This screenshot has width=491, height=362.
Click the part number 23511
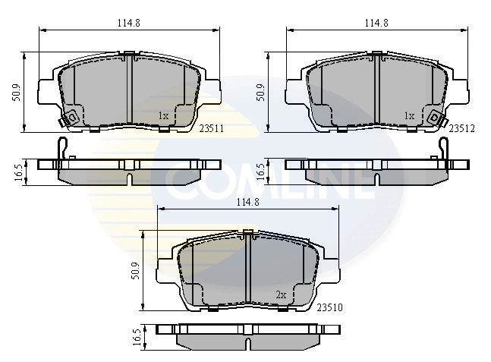coord(210,128)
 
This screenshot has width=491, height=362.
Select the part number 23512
coord(461,128)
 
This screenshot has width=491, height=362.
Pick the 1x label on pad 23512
coord(409,115)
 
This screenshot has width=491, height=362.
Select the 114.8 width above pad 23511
coord(129,23)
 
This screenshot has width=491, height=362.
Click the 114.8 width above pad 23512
coord(376,23)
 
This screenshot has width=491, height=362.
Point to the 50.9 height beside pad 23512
coord(260,92)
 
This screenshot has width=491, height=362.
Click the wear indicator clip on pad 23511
coord(73,118)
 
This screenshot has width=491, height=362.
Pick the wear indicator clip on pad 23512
coord(435,118)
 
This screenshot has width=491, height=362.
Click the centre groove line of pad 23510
coord(250,266)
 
